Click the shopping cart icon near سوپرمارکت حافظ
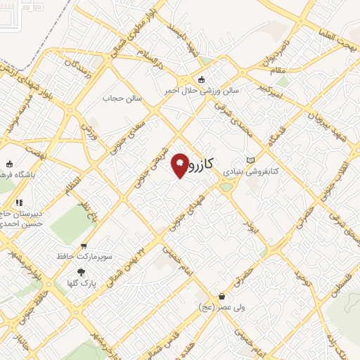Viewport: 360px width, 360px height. click(84, 246)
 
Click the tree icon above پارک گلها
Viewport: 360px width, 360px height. click(82, 272)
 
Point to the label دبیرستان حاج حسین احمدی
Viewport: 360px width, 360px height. click(21, 218)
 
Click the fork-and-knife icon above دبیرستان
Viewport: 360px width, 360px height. click(19, 203)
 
